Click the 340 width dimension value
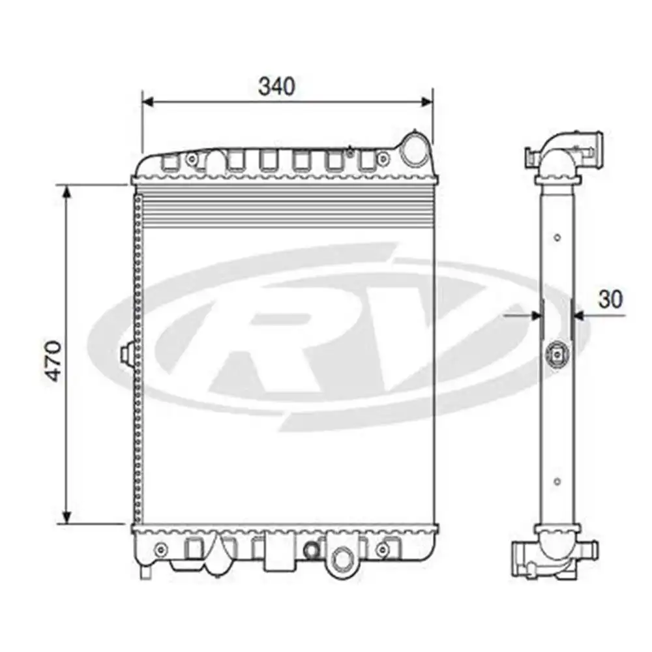click(276, 86)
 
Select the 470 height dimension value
click(53, 360)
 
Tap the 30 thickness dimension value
click(610, 299)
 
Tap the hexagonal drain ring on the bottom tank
click(340, 558)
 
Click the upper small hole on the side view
click(557, 237)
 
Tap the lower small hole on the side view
click(557, 482)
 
